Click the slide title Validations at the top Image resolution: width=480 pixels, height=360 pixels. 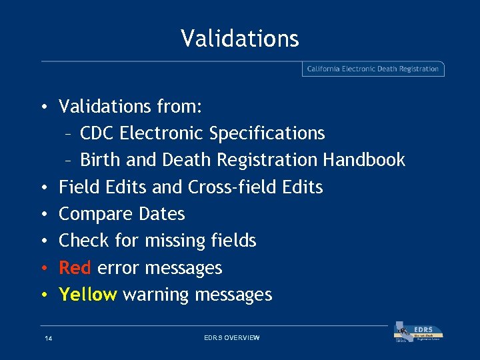[239, 38]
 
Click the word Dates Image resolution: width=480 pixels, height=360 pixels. [162, 214]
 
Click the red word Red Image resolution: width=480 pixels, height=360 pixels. [75, 268]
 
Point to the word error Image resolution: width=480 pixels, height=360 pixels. [118, 269]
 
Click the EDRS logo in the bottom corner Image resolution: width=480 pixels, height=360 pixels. [419, 333]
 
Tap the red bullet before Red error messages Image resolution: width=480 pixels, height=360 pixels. [43, 269]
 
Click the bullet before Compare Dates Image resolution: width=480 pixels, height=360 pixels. [43, 215]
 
